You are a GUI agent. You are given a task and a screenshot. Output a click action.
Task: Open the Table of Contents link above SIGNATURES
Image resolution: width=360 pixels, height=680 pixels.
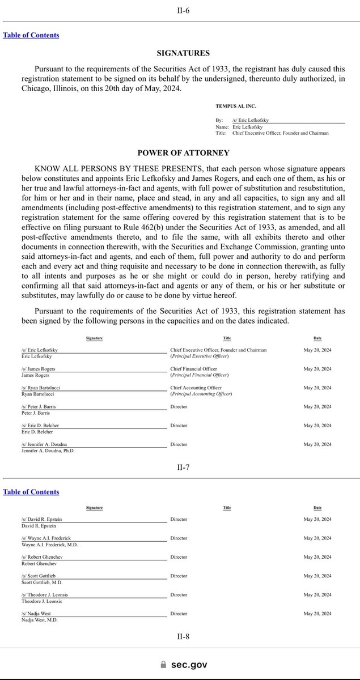click(x=31, y=35)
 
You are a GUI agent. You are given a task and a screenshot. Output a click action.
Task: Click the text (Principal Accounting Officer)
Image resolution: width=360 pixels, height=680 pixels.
click(x=200, y=394)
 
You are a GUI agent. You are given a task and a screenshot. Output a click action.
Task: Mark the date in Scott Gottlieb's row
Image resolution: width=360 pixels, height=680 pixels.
click(x=317, y=576)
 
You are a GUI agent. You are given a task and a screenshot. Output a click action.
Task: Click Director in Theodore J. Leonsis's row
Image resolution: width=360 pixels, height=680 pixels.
click(x=179, y=594)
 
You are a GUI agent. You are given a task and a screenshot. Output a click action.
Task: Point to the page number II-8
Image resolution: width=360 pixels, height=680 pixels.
click(x=183, y=636)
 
